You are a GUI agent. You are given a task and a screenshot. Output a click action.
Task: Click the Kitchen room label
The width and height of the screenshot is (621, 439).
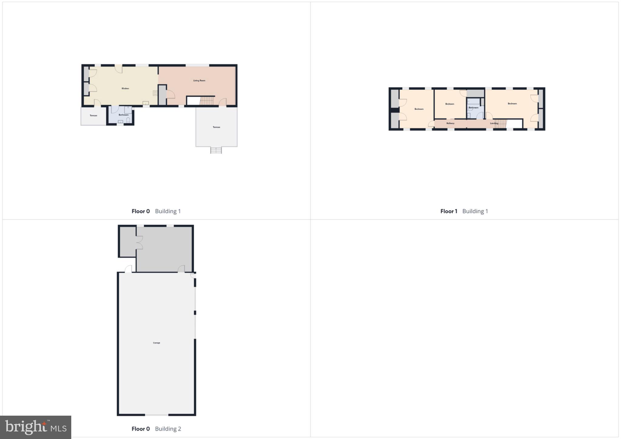point(125,89)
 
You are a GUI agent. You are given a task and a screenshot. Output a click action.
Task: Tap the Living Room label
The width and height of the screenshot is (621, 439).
point(199,81)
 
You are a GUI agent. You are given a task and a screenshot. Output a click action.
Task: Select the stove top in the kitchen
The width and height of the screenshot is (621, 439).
point(155,93)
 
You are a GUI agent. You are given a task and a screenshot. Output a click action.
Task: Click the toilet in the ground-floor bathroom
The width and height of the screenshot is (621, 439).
point(128,120)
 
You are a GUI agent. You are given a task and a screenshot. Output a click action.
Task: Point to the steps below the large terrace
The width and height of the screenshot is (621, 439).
point(216,150)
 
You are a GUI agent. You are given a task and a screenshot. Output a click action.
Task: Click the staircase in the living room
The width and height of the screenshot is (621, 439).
point(207,101)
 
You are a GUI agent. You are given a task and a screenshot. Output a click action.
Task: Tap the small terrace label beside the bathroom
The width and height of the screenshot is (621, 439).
point(93,116)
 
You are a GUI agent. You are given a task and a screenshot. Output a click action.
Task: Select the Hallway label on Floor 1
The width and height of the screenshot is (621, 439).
point(450,123)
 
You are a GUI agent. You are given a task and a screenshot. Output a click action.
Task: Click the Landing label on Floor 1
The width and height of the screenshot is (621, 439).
point(494,123)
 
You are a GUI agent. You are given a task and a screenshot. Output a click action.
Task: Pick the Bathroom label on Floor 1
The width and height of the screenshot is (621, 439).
point(473,108)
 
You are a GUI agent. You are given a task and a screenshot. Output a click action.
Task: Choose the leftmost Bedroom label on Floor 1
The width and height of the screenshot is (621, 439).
point(419,109)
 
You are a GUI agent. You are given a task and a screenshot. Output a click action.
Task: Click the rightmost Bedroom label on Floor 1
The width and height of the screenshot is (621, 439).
point(512,104)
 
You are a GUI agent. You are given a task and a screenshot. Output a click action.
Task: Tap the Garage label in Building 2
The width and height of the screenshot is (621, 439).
point(156,343)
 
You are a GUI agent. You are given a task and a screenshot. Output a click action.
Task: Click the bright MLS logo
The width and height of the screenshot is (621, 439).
point(36,427)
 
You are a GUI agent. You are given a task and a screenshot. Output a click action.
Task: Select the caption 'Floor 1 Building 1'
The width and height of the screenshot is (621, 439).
point(464,211)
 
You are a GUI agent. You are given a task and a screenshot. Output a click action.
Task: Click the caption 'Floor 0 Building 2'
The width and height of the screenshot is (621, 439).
point(156,429)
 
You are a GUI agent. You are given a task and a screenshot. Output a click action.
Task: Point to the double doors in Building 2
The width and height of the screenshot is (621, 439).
point(139,242)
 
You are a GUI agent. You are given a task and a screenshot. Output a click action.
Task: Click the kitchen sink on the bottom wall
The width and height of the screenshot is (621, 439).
point(146,103)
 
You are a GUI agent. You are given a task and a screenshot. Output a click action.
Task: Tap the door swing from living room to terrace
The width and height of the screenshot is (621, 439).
point(223,102)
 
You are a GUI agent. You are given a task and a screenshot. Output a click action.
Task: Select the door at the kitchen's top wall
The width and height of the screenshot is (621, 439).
point(119,69)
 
